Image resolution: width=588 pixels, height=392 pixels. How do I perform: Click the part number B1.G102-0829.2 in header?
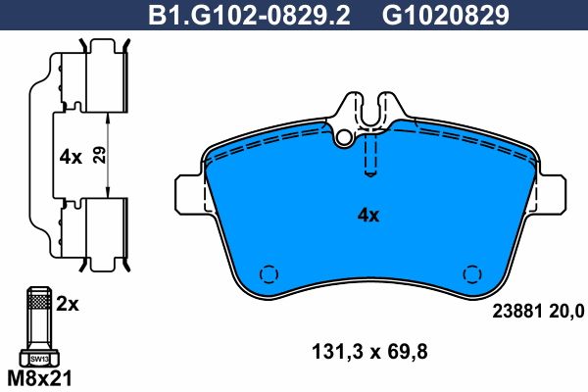click(x=249, y=16)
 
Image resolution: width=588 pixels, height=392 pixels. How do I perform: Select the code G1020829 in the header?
click(x=446, y=16)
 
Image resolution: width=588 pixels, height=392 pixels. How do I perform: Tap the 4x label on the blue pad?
click(x=368, y=216)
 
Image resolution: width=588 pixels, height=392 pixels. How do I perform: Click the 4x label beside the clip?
click(x=71, y=157)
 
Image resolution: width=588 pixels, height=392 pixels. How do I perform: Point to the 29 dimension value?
click(x=99, y=155)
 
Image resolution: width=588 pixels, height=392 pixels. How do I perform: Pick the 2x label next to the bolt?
click(x=68, y=304)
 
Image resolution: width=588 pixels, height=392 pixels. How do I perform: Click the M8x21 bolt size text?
click(x=39, y=379)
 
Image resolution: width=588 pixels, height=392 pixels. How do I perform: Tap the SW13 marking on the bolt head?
click(x=39, y=359)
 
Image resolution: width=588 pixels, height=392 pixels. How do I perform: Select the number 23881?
click(x=517, y=311)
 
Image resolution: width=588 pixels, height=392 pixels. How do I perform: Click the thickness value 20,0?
click(x=566, y=312)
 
